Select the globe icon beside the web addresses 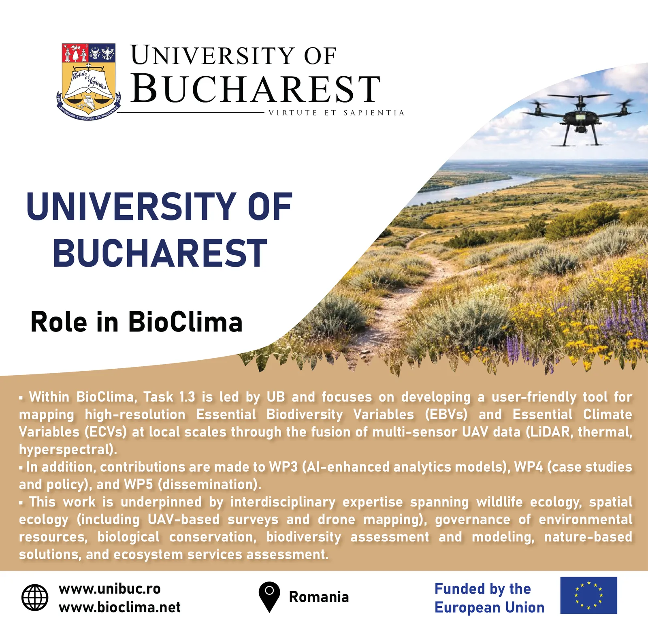click(34, 597)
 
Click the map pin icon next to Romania click(269, 596)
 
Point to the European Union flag click(588, 595)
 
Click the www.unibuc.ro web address click(110, 588)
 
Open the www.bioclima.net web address click(119, 607)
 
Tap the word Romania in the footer click(319, 597)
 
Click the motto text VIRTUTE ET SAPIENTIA click(337, 113)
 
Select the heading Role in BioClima click(136, 322)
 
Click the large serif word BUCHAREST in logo click(256, 89)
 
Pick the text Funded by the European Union click(489, 598)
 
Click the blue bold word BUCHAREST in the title click(160, 253)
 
